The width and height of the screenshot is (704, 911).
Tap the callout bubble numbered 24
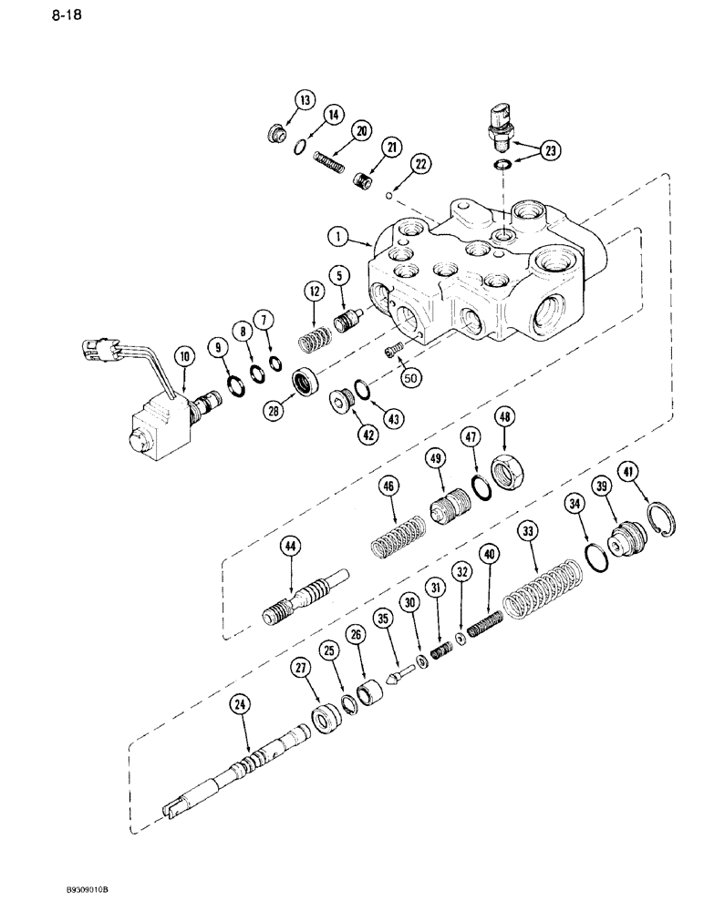[241, 704]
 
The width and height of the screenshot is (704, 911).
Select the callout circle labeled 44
[291, 548]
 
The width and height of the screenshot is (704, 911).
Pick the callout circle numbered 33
[527, 530]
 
